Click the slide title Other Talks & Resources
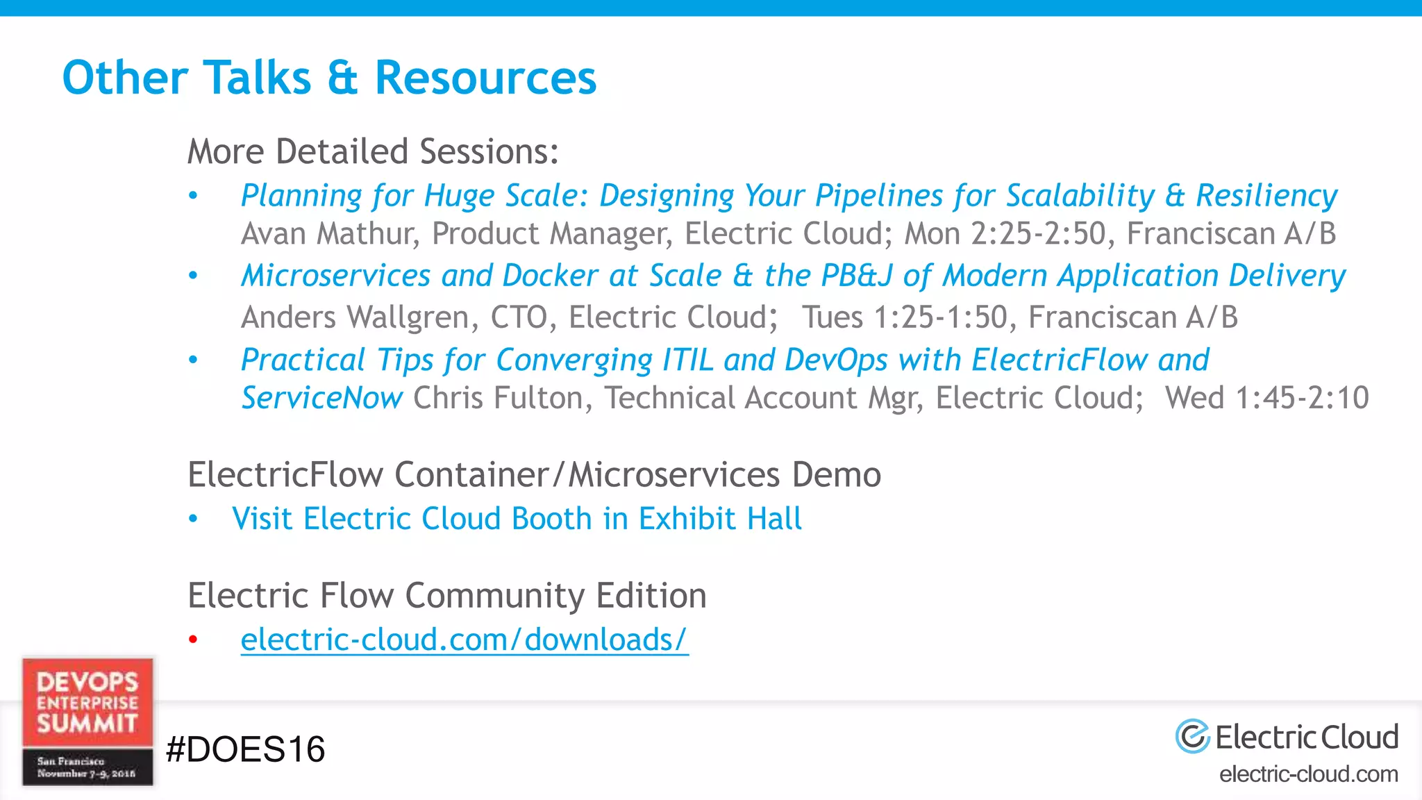point(329,77)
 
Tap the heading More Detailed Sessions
point(373,151)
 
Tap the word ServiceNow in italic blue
point(321,399)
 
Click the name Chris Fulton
point(503,399)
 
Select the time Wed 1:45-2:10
point(1266,399)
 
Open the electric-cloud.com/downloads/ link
point(464,640)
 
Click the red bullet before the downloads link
point(193,640)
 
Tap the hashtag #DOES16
point(246,749)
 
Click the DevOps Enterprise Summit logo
point(87,722)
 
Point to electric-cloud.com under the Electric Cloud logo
point(1309,774)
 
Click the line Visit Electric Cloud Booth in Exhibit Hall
point(517,519)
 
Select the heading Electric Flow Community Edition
point(447,596)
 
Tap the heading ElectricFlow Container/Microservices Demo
point(534,475)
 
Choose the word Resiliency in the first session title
point(1266,196)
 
